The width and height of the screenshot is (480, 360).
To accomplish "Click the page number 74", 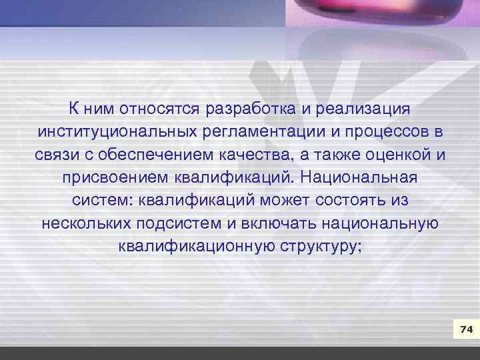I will pyautogui.click(x=466, y=329).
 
